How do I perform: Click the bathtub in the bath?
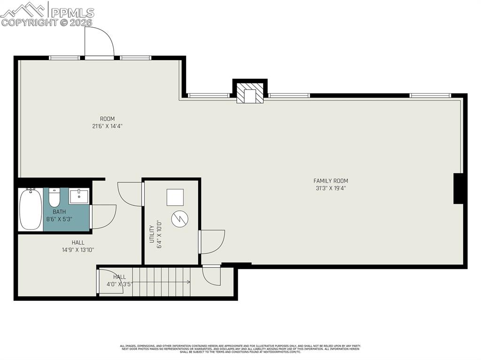[x=31, y=209]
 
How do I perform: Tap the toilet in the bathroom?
[x=54, y=198]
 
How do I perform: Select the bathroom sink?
[x=78, y=196]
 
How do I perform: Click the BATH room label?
[x=59, y=212]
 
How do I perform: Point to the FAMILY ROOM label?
[x=331, y=181]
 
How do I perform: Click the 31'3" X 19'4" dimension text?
[x=331, y=188]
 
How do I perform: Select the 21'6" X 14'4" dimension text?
[x=107, y=126]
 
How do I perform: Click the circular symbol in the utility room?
[x=179, y=219]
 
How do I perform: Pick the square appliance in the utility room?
[x=175, y=197]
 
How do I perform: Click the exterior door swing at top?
[x=99, y=42]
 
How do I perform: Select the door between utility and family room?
[x=212, y=241]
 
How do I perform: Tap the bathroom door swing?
[x=104, y=216]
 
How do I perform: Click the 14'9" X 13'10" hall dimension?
[x=78, y=250]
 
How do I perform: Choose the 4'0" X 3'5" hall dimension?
[x=119, y=284]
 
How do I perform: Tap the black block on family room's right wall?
[x=458, y=189]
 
